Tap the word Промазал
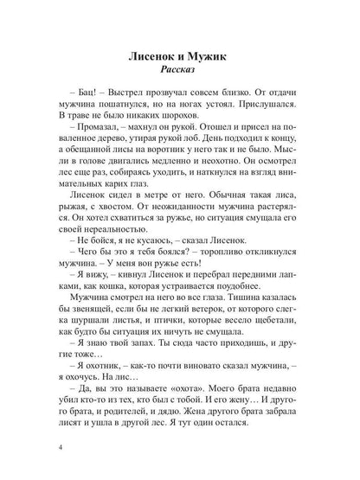(102, 144)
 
